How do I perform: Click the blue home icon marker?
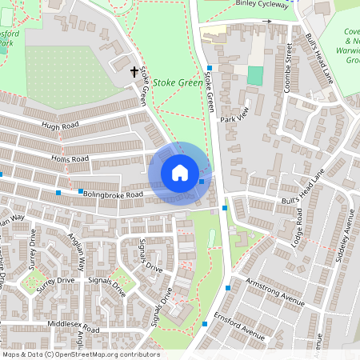[x=180, y=173]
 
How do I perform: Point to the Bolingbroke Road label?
[x=114, y=194]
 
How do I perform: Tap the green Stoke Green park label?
[x=178, y=82]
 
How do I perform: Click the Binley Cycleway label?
[x=262, y=4]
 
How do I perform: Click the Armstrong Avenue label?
[x=276, y=293]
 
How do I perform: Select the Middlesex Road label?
[x=74, y=328]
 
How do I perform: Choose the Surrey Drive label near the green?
[x=54, y=282]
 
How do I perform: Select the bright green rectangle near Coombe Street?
[x=254, y=76]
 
